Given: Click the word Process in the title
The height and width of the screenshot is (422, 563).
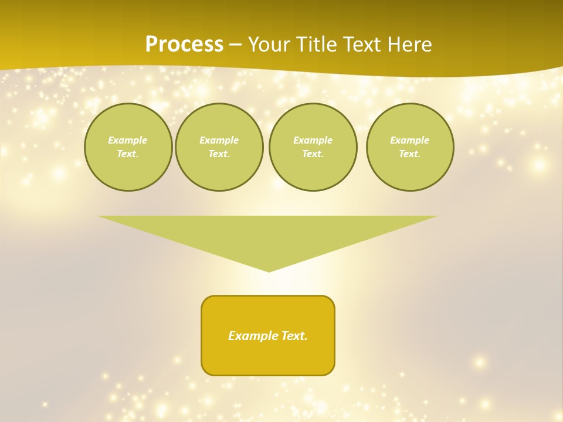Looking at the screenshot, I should coord(184,45).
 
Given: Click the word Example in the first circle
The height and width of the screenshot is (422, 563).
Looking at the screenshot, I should coord(128,140).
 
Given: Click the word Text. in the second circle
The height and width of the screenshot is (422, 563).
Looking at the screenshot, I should coord(219,154).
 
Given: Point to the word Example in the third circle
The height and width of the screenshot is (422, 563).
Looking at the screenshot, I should coord(313,140).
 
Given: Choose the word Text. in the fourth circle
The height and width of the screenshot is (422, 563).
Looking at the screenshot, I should coord(410,154).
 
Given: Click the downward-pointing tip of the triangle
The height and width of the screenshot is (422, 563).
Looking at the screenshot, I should coord(269,270).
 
